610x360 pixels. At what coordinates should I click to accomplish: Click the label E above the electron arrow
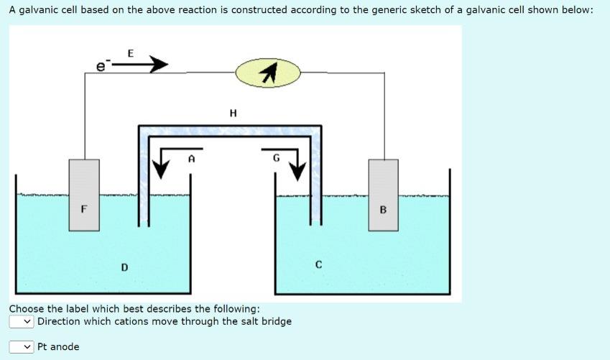[130, 52]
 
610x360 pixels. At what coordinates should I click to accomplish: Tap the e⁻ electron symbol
[102, 66]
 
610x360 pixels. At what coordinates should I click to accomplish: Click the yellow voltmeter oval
[268, 73]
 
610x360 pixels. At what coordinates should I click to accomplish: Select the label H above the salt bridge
[233, 113]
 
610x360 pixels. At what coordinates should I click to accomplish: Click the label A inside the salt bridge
[191, 158]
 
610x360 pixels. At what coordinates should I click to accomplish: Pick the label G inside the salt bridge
[276, 158]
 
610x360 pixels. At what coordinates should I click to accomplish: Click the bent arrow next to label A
[164, 162]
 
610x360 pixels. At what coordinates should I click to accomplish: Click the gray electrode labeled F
[84, 195]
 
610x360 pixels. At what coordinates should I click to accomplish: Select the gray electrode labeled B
[383, 195]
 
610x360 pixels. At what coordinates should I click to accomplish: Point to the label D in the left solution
[124, 267]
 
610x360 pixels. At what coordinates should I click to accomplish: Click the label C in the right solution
[318, 264]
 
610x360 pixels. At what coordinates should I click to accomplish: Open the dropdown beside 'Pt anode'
[22, 347]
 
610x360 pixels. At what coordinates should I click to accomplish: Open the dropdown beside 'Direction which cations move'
[22, 321]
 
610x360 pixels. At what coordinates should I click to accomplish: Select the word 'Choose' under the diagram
[27, 309]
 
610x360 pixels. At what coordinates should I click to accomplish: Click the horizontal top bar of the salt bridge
[230, 130]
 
